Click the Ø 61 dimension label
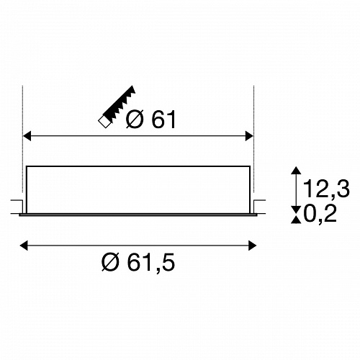click(151, 120)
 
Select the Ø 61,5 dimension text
click(138, 262)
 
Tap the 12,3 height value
click(326, 189)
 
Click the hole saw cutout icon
click(117, 107)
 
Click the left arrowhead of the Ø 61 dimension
click(27, 136)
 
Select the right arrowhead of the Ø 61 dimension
click(249, 136)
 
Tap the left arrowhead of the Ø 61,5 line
click(24, 246)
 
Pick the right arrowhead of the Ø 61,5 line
click(252, 246)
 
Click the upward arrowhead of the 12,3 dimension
click(296, 170)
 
